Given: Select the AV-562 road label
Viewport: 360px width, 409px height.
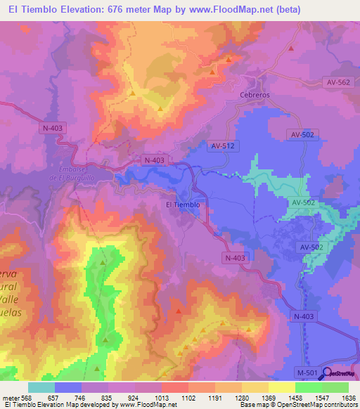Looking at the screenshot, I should [x=337, y=82].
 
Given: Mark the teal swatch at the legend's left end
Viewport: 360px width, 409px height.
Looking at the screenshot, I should [x=41, y=387].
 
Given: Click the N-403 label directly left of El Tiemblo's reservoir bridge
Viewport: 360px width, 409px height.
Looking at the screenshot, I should [x=153, y=160].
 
